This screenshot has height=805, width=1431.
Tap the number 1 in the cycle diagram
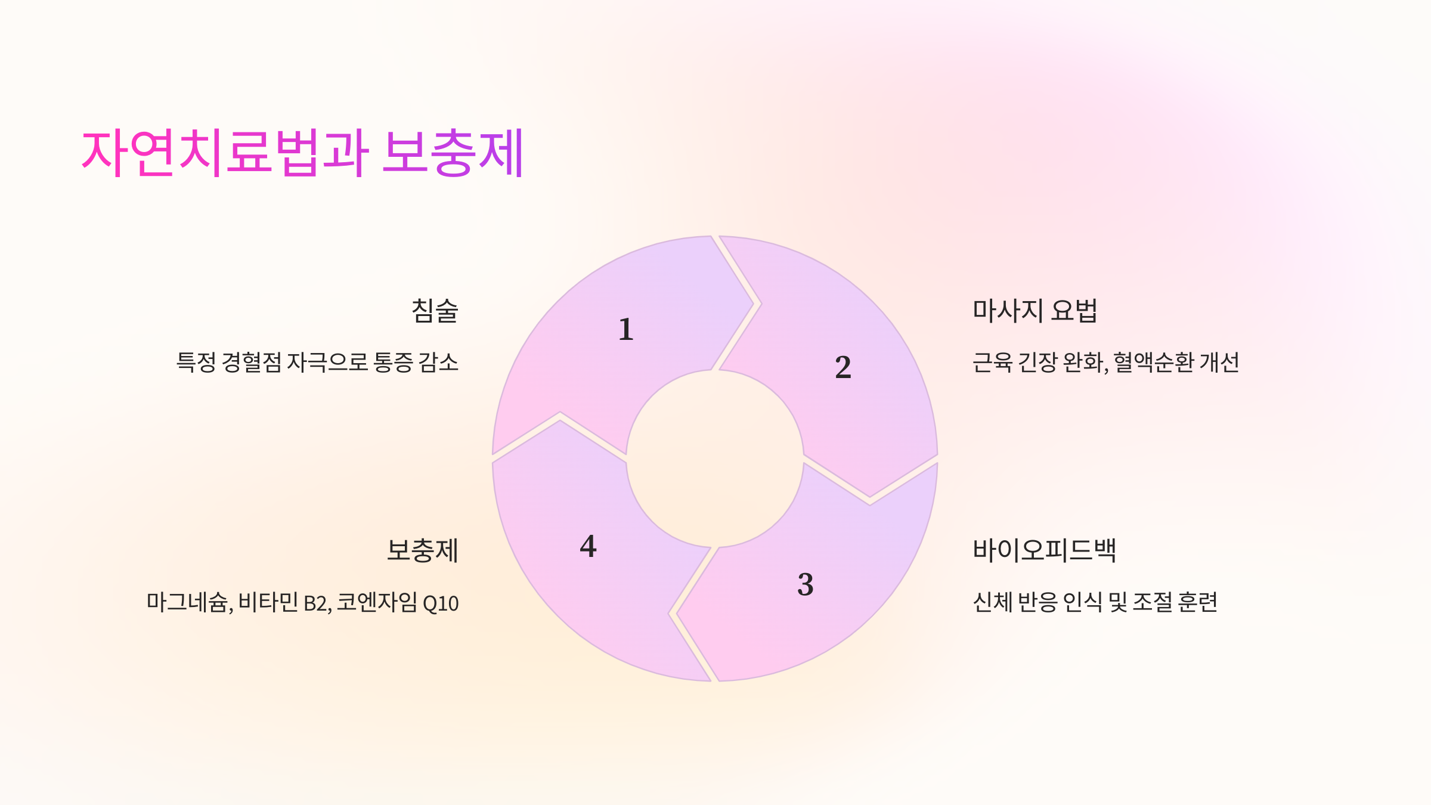[625, 329]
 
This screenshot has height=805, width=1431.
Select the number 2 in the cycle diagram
[843, 367]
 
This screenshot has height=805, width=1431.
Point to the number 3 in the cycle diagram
[806, 584]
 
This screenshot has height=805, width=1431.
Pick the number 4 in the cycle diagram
[588, 546]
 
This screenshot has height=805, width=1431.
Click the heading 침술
[435, 311]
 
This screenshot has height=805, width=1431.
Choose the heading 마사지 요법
[1034, 311]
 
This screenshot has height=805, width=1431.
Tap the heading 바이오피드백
[1044, 550]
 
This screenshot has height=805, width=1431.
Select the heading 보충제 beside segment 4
[422, 550]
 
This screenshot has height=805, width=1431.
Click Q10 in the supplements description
[441, 603]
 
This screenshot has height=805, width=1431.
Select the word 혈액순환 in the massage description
[1153, 362]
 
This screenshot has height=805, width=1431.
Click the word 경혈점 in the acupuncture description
[251, 362]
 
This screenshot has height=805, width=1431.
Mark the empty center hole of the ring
[714, 458]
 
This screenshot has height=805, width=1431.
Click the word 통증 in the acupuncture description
[393, 362]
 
